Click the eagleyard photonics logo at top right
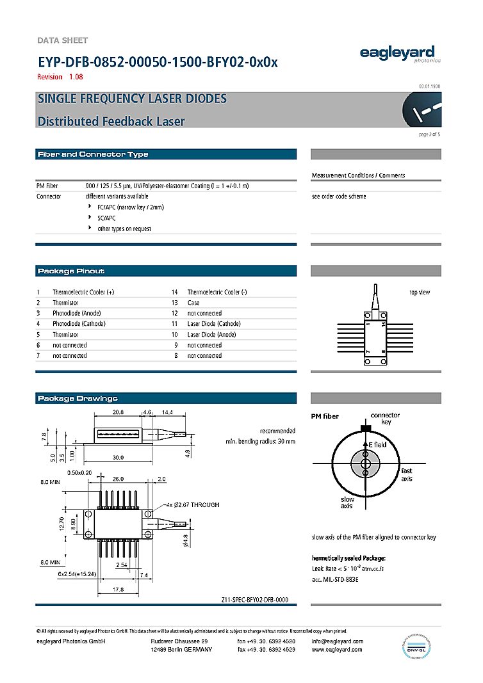[397, 54]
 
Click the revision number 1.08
[76, 77]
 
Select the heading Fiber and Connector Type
[93, 154]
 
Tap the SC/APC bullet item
[106, 218]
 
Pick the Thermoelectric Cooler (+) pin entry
[83, 292]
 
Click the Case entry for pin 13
[193, 303]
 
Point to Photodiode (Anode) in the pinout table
[76, 313]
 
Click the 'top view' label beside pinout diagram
[420, 293]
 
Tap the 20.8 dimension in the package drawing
[118, 413]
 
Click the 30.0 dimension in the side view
[118, 457]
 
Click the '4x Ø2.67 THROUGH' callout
[193, 505]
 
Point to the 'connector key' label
[385, 419]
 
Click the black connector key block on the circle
[366, 428]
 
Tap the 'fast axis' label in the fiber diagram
[407, 474]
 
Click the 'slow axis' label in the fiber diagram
[347, 502]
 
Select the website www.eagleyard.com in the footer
[337, 650]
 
